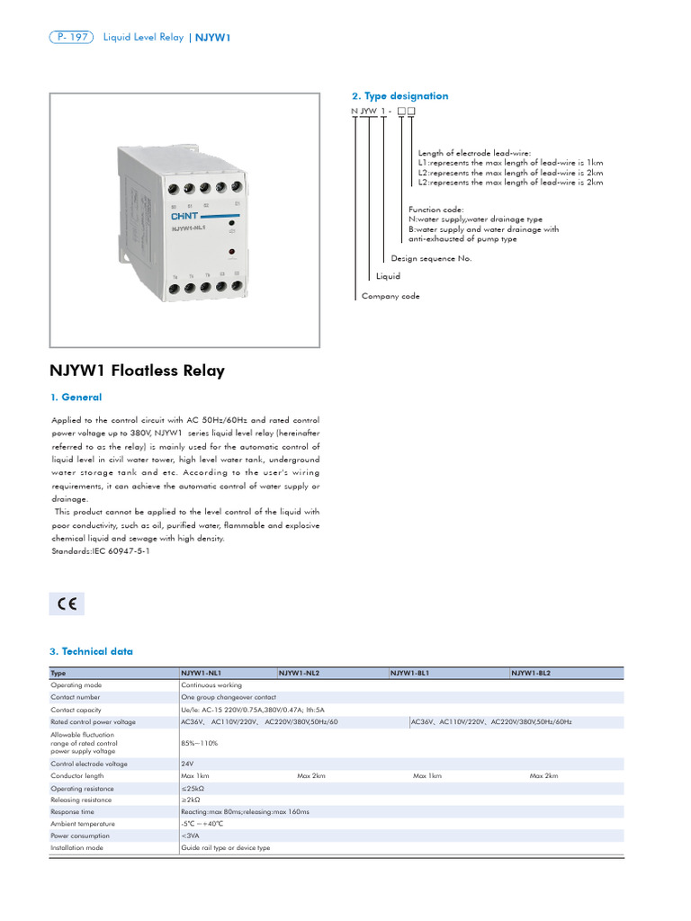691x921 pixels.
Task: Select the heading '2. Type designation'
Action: (x=399, y=96)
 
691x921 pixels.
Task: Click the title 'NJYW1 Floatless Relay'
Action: (x=137, y=371)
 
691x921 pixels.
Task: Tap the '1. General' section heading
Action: (x=76, y=397)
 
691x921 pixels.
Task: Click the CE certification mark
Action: (x=67, y=604)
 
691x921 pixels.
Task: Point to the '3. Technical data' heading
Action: (x=91, y=651)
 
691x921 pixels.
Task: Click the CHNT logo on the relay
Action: (x=184, y=217)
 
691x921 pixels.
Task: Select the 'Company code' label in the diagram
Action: (x=390, y=296)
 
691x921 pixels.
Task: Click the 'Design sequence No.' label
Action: (x=431, y=258)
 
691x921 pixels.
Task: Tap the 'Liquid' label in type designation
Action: (x=388, y=276)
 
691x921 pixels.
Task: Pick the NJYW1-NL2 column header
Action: (x=300, y=673)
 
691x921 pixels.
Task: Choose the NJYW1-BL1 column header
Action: (x=410, y=673)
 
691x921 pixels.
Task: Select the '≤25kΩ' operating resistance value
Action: (x=193, y=787)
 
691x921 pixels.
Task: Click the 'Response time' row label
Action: (x=73, y=811)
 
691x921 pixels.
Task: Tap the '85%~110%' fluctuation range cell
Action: (x=200, y=743)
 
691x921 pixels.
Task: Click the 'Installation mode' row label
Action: (x=77, y=847)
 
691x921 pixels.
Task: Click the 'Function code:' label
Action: (x=436, y=210)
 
